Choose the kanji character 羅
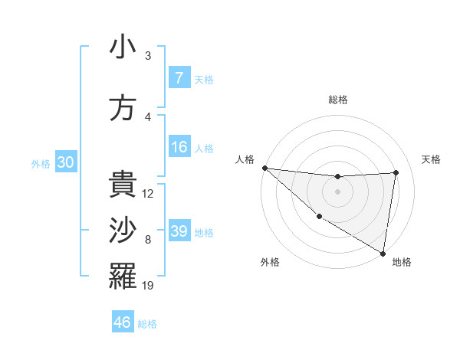123,277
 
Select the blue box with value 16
179,147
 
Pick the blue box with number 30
65,163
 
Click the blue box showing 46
123,322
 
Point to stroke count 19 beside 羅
148,286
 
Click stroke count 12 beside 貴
148,194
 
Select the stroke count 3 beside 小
148,56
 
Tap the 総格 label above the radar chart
337,100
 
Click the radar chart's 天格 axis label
432,159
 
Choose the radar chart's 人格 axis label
245,159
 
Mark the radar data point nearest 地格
383,252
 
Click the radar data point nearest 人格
264,168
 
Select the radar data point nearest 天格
396,172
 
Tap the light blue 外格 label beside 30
41,164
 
